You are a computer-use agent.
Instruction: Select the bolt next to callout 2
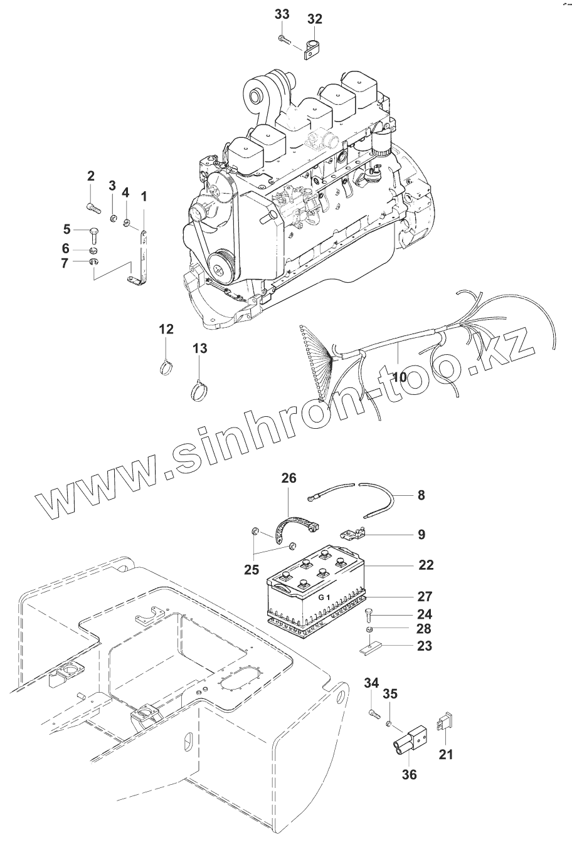click(93, 204)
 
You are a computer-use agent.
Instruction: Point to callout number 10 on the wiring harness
click(400, 377)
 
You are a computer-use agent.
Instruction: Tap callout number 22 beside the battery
click(426, 565)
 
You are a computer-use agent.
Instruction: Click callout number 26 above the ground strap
click(289, 478)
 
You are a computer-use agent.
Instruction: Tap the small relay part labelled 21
click(445, 723)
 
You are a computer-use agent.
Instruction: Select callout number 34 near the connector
click(371, 683)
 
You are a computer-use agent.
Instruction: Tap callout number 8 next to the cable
click(421, 495)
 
